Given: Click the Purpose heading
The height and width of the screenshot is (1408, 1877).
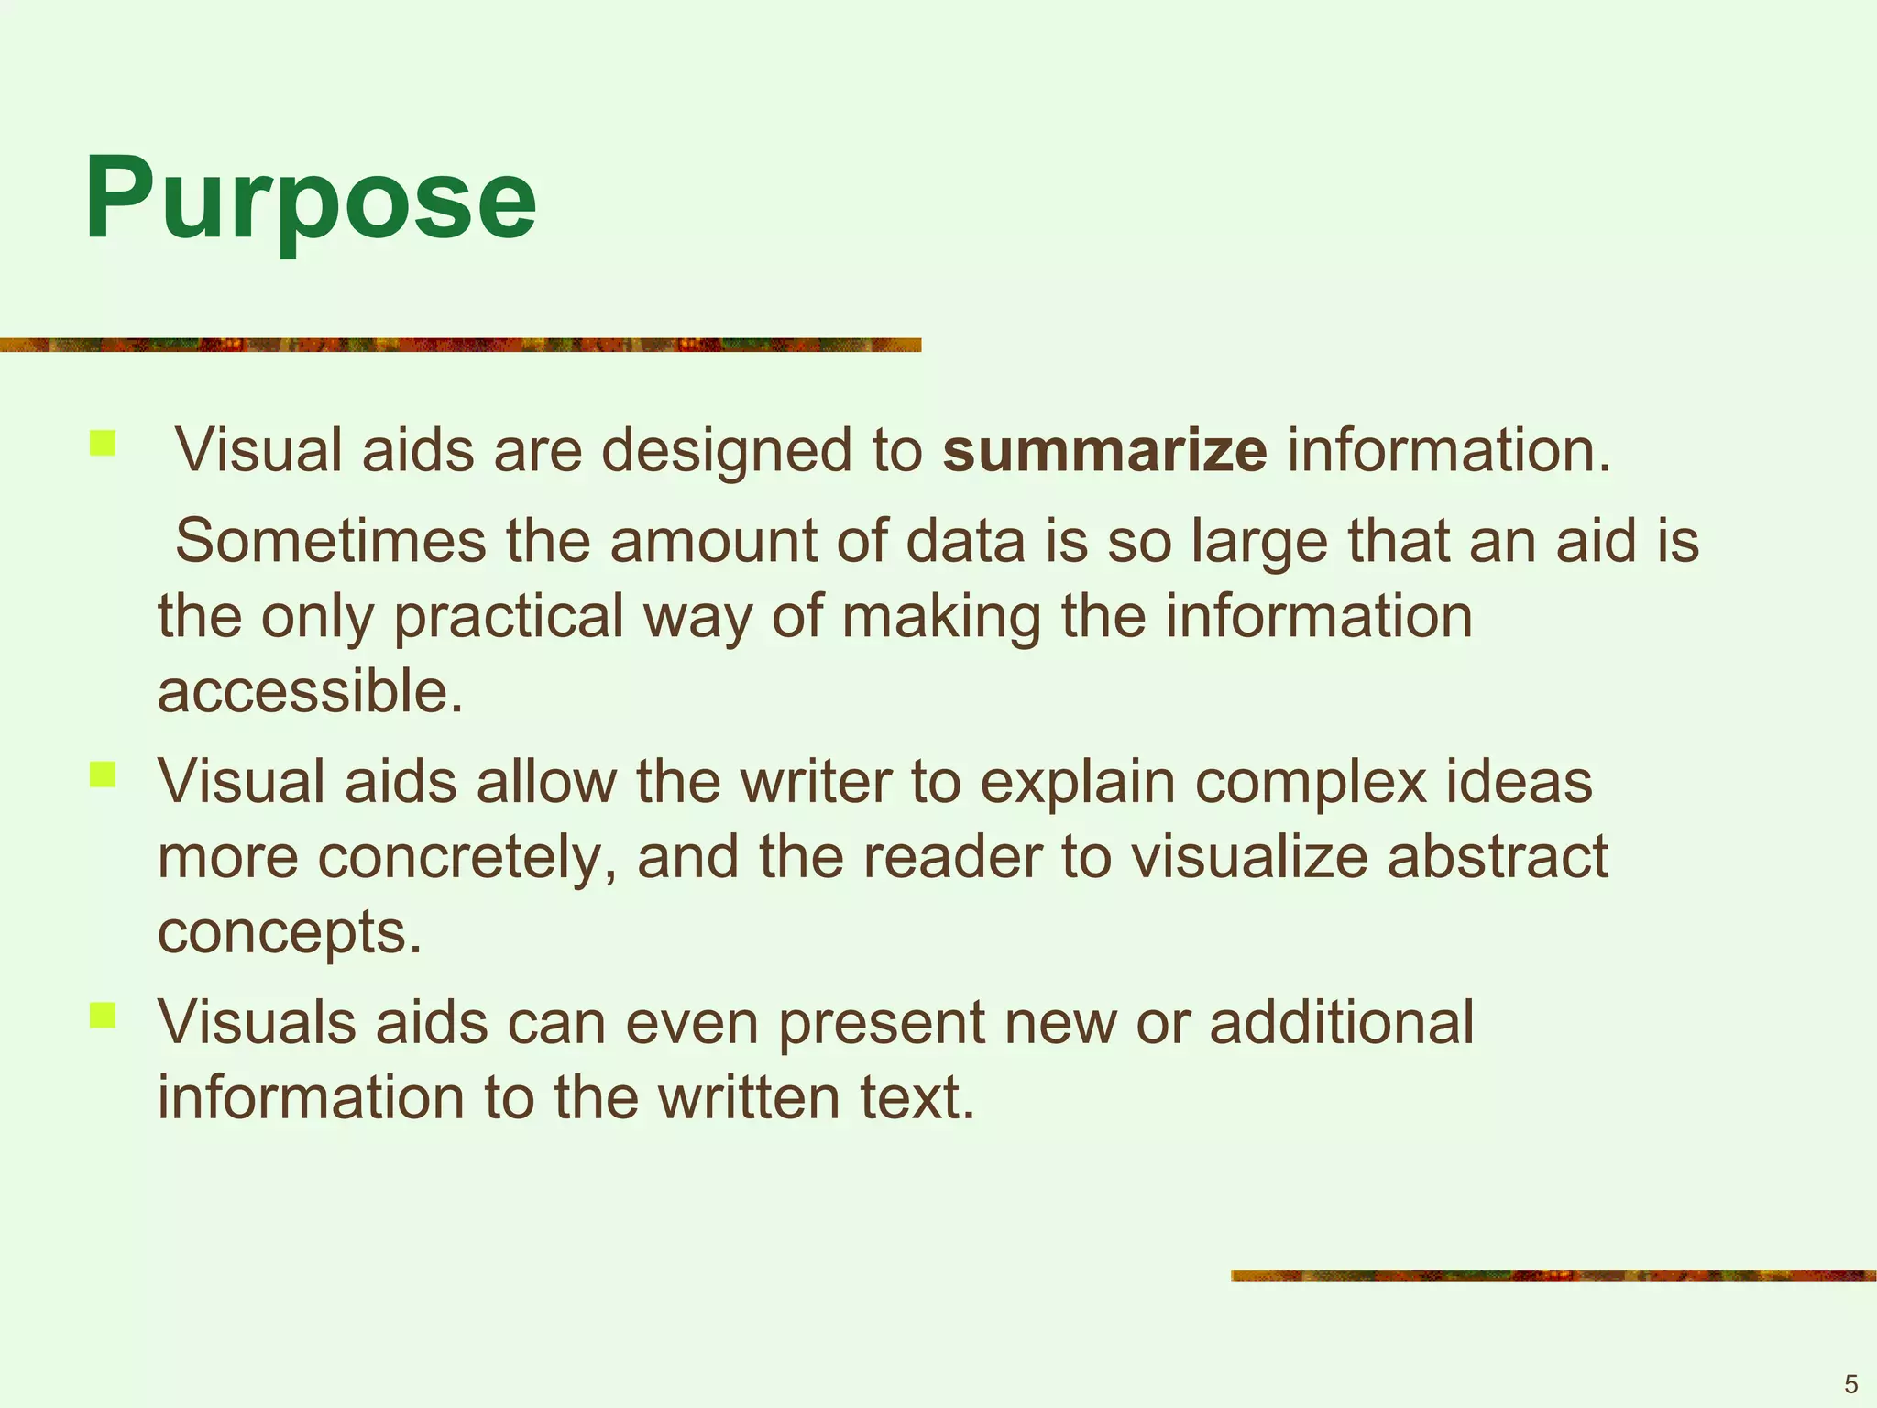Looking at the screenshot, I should (310, 200).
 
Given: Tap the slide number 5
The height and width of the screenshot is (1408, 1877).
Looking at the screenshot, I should (1850, 1384).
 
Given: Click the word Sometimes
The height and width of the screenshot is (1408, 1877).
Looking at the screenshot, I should (330, 541).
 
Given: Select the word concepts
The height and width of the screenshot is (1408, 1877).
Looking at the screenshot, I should (290, 933).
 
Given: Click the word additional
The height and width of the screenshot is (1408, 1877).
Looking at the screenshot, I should (1342, 1021).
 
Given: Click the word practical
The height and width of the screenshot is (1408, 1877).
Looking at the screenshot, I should (509, 616).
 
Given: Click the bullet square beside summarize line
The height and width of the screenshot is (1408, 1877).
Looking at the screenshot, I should (103, 444).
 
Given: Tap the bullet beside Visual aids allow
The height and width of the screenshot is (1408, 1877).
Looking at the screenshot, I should (103, 775).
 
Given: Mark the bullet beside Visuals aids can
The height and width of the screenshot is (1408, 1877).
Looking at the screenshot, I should (103, 1015).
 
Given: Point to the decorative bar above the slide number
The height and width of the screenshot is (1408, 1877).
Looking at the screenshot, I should (1553, 1275).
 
